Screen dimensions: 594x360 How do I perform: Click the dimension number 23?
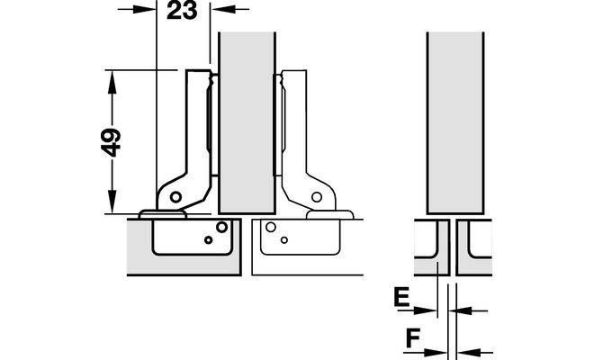point(182,10)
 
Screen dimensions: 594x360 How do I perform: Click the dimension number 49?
point(112,143)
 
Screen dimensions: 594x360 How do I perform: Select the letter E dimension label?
point(401,297)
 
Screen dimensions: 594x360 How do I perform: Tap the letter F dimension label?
point(413,338)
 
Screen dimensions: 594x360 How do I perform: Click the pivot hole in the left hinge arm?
point(175,197)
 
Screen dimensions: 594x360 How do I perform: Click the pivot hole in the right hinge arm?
point(317,197)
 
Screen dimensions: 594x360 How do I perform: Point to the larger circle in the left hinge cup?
point(221,227)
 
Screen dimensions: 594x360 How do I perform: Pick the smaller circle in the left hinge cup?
point(209,240)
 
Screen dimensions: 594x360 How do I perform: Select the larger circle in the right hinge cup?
point(271,227)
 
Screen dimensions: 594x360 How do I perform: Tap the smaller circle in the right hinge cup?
point(284,240)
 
